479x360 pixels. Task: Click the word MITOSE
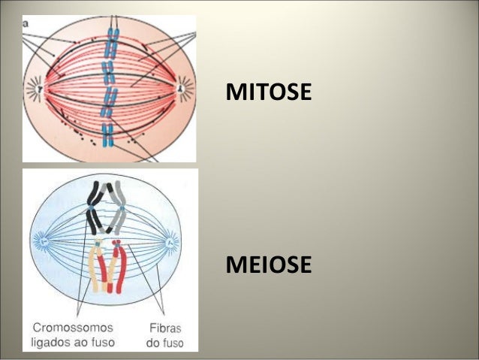[268, 93]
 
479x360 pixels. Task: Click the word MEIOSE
[268, 265]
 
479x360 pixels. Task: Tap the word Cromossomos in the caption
[74, 328]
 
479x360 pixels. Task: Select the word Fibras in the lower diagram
[164, 328]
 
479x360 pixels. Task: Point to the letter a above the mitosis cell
[25, 23]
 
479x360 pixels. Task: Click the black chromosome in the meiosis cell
[97, 207]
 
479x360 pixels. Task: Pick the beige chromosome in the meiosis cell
[98, 267]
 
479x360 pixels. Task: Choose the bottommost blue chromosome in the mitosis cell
[107, 135]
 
